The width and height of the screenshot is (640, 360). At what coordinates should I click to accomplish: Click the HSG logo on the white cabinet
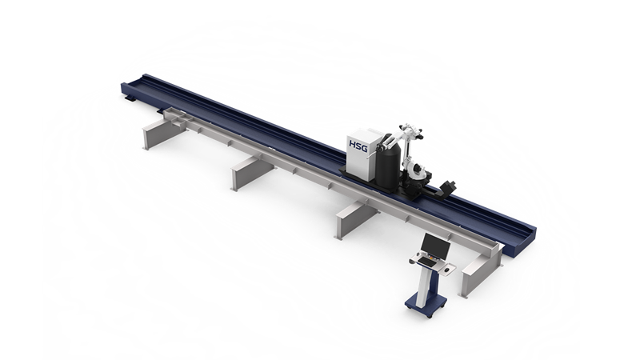pyautogui.click(x=358, y=146)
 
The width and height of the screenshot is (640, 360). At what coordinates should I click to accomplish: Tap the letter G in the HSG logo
pyautogui.click(x=364, y=147)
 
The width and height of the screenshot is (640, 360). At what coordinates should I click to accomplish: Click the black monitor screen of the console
pyautogui.click(x=436, y=244)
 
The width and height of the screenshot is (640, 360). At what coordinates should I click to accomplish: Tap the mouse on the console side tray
pyautogui.click(x=450, y=270)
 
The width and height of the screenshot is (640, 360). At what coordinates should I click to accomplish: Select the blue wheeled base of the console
pyautogui.click(x=426, y=305)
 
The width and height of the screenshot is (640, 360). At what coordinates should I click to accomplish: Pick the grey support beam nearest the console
pyautogui.click(x=480, y=270)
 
